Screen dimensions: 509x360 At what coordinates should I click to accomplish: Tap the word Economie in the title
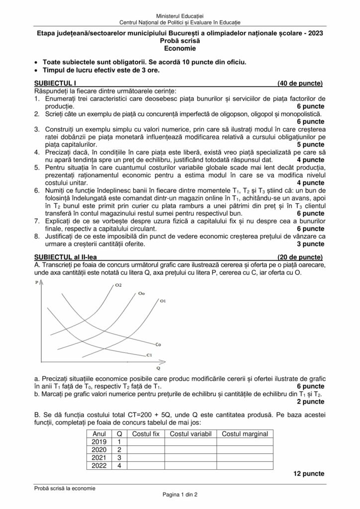click(x=180, y=49)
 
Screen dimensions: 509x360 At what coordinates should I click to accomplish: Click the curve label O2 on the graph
click(x=118, y=285)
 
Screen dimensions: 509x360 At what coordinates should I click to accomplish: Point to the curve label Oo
click(x=142, y=294)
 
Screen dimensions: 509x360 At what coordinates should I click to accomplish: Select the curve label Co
click(x=158, y=344)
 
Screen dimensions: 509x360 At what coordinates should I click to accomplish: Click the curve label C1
click(x=149, y=355)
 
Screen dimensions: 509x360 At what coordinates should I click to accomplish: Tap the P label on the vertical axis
click(x=37, y=282)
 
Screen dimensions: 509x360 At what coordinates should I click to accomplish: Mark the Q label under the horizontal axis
click(x=158, y=369)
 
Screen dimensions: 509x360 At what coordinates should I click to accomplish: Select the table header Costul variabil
click(x=191, y=434)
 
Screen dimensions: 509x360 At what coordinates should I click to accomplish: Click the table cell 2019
click(x=99, y=442)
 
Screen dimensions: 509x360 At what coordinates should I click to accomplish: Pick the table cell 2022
click(x=99, y=465)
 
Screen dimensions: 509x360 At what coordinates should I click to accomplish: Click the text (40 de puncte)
click(x=300, y=83)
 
